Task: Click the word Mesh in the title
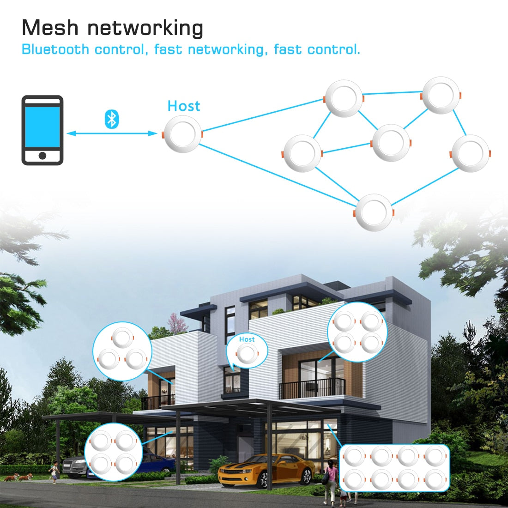coord(50,28)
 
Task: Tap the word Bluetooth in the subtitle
coord(55,49)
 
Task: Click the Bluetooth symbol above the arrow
coord(112,119)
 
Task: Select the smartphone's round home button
coord(42,156)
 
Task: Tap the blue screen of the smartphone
coord(42,127)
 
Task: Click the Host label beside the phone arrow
coord(184,106)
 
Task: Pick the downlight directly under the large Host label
coord(182,134)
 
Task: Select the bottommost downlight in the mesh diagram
coord(374,212)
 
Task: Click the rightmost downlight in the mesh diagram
coord(471,153)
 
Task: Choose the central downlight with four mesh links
coord(391,143)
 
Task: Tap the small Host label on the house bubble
coord(247,339)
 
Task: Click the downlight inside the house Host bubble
coord(247,354)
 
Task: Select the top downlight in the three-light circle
coord(122,338)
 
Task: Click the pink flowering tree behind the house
coord(177,323)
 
